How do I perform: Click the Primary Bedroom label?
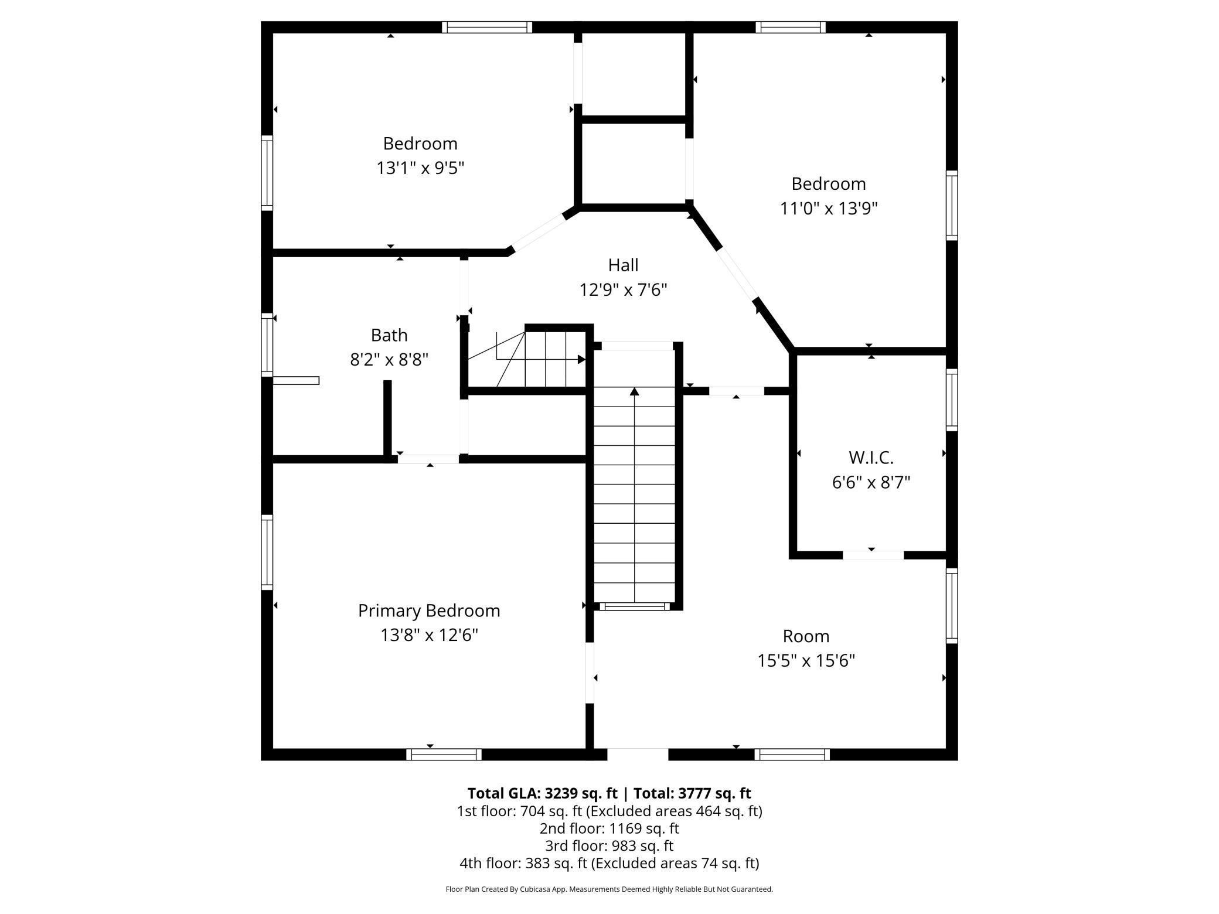click(429, 611)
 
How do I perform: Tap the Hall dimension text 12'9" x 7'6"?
click(624, 289)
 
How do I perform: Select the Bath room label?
click(389, 335)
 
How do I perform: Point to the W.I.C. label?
click(871, 457)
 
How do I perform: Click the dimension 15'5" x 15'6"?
click(806, 660)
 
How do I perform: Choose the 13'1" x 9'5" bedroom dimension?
click(420, 168)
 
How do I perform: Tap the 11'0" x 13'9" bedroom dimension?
click(829, 208)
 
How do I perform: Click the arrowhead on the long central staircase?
click(634, 391)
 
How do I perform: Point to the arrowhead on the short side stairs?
click(581, 359)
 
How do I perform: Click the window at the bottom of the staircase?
click(635, 606)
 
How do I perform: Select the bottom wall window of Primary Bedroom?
click(444, 754)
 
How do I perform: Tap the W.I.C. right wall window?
click(952, 400)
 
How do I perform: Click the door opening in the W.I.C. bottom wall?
click(873, 555)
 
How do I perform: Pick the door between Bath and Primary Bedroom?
click(428, 459)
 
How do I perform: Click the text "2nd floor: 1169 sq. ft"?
click(609, 828)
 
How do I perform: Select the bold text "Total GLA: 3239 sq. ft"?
click(543, 793)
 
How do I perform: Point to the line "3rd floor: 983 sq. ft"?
click(609, 845)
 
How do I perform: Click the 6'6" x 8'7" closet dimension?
click(871, 482)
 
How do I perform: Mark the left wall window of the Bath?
click(267, 345)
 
